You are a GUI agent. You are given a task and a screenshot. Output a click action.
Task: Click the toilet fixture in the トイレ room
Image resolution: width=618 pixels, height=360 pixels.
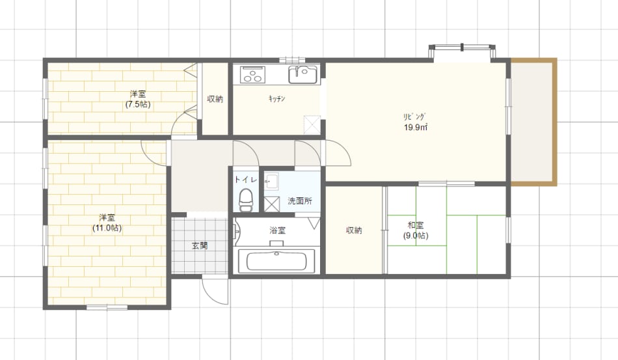coord(246,199)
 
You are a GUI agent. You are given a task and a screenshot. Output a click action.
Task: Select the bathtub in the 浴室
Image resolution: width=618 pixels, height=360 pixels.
coord(276,260)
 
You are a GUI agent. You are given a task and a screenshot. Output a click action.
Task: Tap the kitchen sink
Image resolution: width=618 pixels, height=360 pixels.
coord(302,74)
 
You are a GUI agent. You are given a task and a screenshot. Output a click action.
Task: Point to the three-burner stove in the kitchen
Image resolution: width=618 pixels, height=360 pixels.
coord(252,74)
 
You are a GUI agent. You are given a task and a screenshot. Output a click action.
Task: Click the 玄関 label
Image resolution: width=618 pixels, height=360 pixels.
coord(200,245)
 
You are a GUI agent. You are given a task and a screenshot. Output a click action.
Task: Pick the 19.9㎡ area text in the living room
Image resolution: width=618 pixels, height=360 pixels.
coord(416,128)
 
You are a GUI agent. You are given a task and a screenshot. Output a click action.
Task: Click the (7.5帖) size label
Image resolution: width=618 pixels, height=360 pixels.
coord(138,105)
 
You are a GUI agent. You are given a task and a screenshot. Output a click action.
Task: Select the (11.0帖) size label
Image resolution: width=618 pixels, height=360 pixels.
coord(107,228)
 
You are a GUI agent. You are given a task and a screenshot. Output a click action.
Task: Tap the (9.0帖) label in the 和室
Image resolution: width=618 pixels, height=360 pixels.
coord(416,236)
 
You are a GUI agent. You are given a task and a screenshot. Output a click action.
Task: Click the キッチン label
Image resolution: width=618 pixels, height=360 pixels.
coord(276,98)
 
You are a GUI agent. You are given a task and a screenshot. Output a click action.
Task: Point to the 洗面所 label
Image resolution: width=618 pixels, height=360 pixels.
coord(300,201)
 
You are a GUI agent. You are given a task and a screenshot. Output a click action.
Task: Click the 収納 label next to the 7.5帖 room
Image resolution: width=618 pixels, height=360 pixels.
coord(215,99)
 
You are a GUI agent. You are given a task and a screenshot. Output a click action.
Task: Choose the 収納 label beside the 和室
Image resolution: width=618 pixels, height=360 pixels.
coord(354,230)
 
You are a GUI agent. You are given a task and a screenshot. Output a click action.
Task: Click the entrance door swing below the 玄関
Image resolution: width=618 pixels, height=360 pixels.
coord(215,292)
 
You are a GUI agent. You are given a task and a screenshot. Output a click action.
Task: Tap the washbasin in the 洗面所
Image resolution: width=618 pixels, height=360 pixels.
coord(271,182)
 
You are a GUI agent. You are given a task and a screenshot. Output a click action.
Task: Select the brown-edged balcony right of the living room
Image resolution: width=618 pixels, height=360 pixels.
coord(533,122)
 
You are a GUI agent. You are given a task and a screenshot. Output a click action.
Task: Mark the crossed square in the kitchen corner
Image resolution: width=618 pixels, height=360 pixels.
coord(312,124)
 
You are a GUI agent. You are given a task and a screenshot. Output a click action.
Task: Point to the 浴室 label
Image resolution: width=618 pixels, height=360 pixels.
coord(278,230)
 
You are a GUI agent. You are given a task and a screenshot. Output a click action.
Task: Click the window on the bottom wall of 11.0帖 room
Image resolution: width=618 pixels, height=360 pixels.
coord(107,307)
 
